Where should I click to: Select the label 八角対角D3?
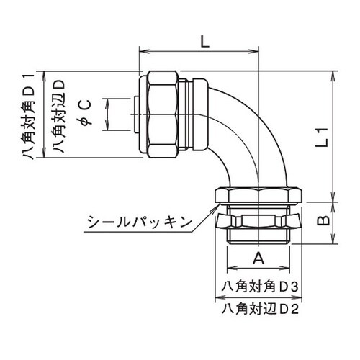click(x=261, y=286)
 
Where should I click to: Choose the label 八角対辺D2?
click(x=261, y=310)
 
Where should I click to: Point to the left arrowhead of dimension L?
click(x=140, y=53)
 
